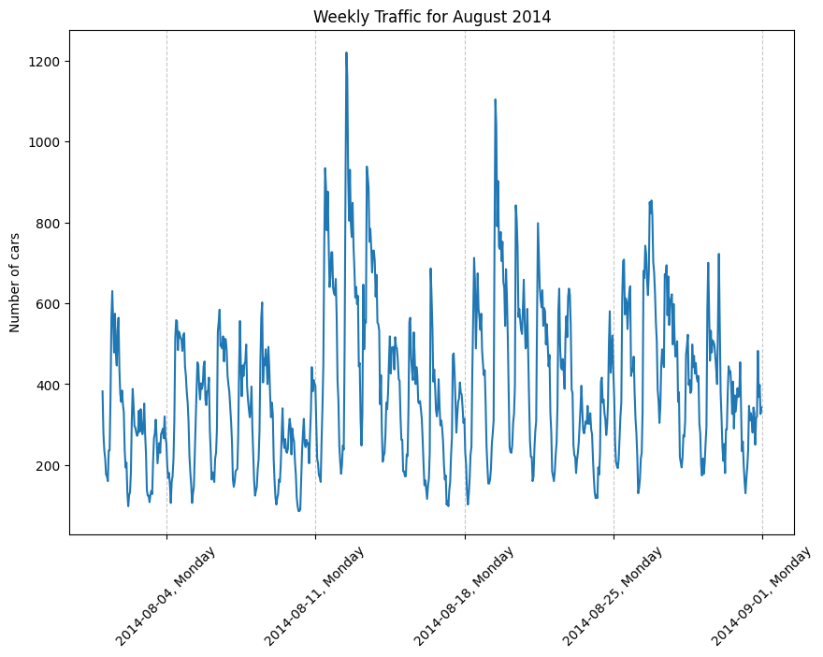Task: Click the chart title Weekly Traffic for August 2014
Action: click(x=431, y=16)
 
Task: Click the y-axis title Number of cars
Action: click(x=16, y=283)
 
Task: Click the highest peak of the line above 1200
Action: click(x=346, y=53)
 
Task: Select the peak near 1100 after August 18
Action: click(x=495, y=100)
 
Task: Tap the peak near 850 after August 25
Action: click(x=651, y=200)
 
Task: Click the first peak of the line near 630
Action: click(x=112, y=291)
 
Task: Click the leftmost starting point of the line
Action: click(x=103, y=391)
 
